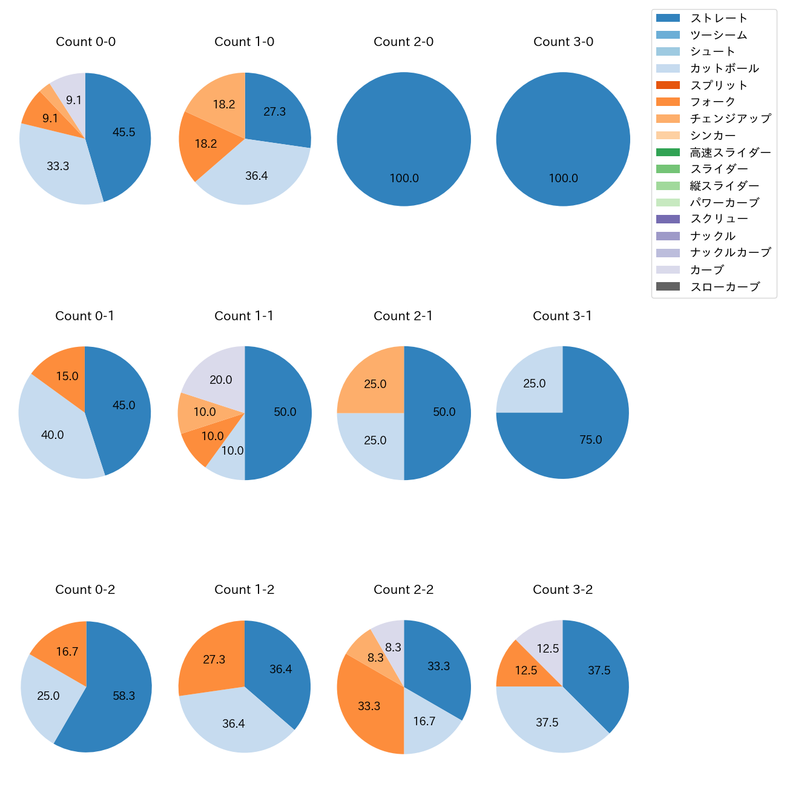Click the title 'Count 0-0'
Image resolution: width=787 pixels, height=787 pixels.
coord(85,42)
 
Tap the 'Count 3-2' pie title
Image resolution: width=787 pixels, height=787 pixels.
coord(562,590)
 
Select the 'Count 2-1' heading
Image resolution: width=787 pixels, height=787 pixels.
coord(403,316)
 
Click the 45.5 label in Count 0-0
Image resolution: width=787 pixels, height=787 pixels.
coord(124,133)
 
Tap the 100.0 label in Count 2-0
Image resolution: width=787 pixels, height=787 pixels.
coord(404,179)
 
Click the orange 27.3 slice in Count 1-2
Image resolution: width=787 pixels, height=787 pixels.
coord(212,657)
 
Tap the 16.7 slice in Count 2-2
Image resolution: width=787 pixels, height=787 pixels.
coord(427,723)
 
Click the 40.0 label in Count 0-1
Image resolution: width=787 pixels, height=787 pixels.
coord(53,435)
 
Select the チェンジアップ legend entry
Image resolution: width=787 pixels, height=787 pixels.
coord(730,119)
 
